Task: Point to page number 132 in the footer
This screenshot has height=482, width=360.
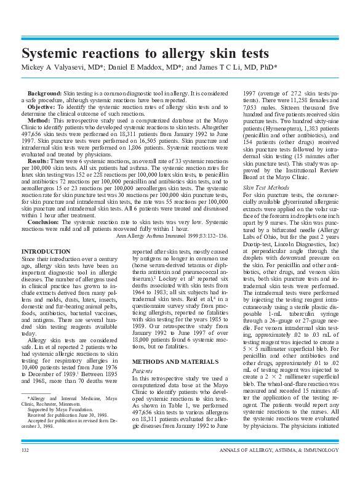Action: (25, 468)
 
